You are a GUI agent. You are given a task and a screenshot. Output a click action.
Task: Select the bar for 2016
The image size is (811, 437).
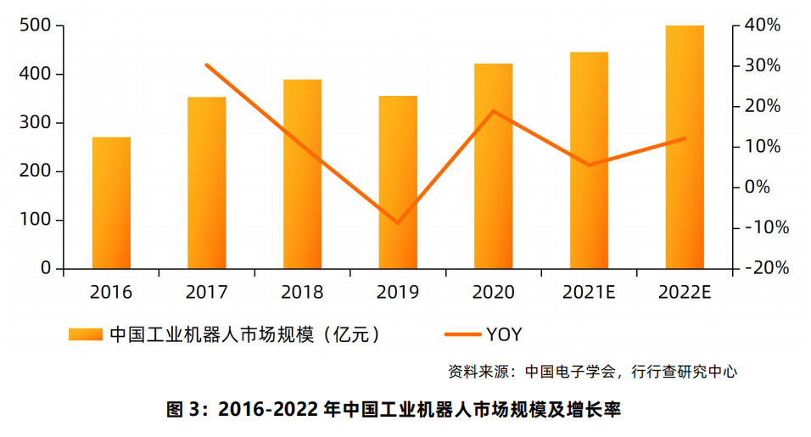111,203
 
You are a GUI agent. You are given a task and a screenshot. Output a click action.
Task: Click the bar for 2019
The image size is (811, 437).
398,182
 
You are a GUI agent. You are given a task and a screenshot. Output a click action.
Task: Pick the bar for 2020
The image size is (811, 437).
493,166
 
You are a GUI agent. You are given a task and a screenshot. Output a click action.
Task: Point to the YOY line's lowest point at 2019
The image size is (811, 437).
398,223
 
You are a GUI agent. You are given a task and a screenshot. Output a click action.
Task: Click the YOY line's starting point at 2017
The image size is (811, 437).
207,64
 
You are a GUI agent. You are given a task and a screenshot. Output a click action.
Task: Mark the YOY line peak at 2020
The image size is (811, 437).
494,111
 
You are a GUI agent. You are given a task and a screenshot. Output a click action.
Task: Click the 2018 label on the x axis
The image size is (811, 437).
303,293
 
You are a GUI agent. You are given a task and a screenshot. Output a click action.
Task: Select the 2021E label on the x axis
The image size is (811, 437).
589,293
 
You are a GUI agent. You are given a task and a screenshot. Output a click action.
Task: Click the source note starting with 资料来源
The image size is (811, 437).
592,371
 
